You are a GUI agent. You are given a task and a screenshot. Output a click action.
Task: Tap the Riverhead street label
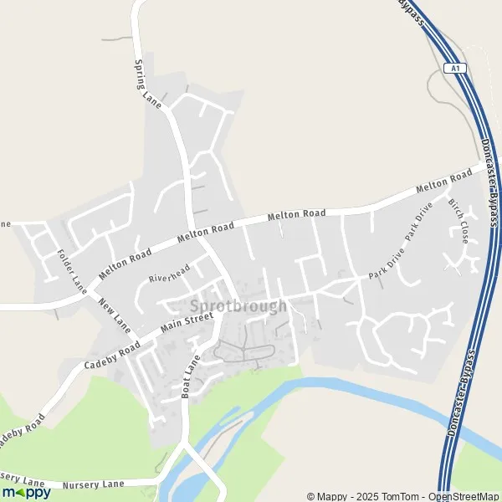click(171, 273)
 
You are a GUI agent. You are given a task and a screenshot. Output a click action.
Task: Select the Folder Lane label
click(73, 268)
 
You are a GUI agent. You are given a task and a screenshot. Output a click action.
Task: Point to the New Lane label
click(115, 311)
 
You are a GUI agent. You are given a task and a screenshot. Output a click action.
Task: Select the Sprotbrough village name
click(238, 306)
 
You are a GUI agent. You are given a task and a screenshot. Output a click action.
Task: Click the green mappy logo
click(26, 492)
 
